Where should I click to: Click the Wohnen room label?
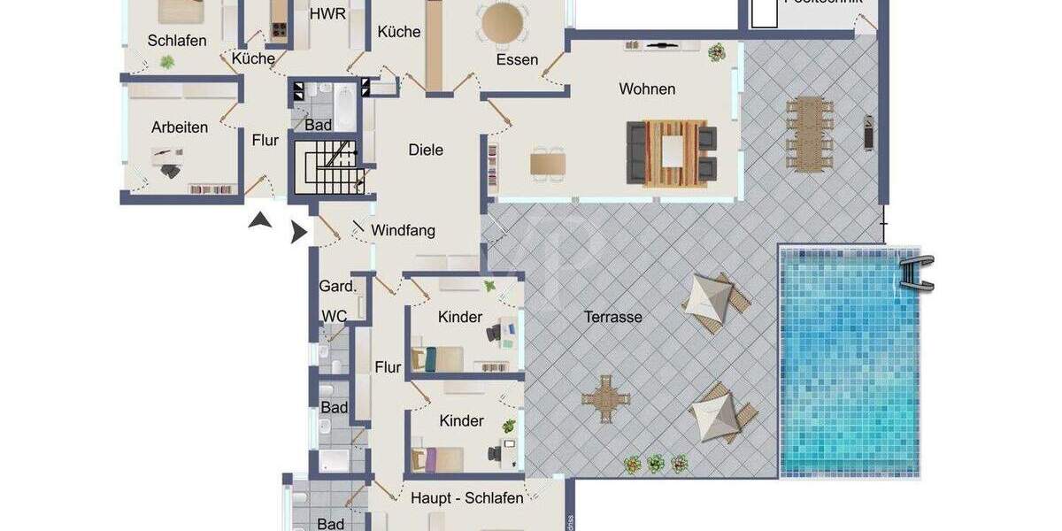pos(647,88)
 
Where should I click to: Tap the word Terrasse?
pos(612,317)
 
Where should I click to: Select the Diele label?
pos(426,150)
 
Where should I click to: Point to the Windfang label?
pos(403,230)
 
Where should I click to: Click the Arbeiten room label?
pos(180,127)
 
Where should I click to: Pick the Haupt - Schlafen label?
pos(466,498)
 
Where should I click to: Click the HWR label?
pos(327,13)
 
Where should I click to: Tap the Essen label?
pos(517,60)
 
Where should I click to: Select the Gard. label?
pos(337,286)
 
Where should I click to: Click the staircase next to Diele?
pos(327,165)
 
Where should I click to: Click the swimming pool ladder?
pos(916,271)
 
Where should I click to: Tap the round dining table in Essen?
pos(501,21)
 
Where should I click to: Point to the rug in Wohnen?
pos(673,152)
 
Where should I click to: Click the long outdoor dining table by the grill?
pos(810,133)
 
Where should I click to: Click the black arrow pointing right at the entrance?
pos(298,232)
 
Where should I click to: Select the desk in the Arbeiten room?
pos(167,158)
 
